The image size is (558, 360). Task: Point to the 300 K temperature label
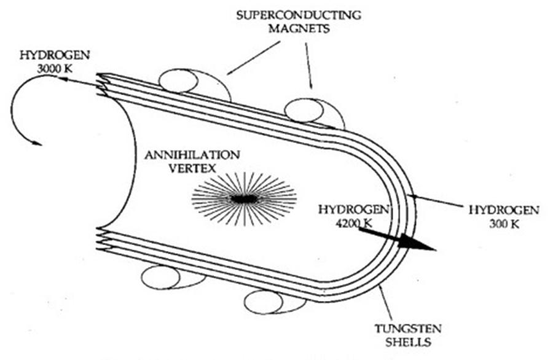tap(505, 224)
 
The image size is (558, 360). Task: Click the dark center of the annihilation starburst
tap(244, 199)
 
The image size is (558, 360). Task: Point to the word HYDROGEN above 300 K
tap(504, 210)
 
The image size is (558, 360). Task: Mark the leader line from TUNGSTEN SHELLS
tap(387, 301)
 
